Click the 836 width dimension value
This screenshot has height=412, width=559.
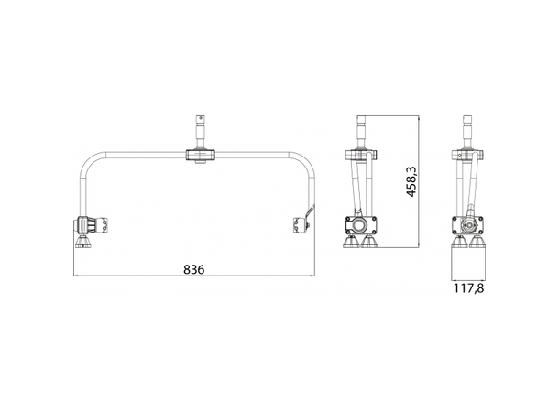pos(193,269)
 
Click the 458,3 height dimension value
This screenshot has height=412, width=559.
pos(411,180)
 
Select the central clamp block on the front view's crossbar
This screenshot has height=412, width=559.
pos(202,156)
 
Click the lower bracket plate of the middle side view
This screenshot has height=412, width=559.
pos(359,223)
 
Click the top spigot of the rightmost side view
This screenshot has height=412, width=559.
pos(468,128)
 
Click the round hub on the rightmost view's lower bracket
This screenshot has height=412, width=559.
pos(470,222)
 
